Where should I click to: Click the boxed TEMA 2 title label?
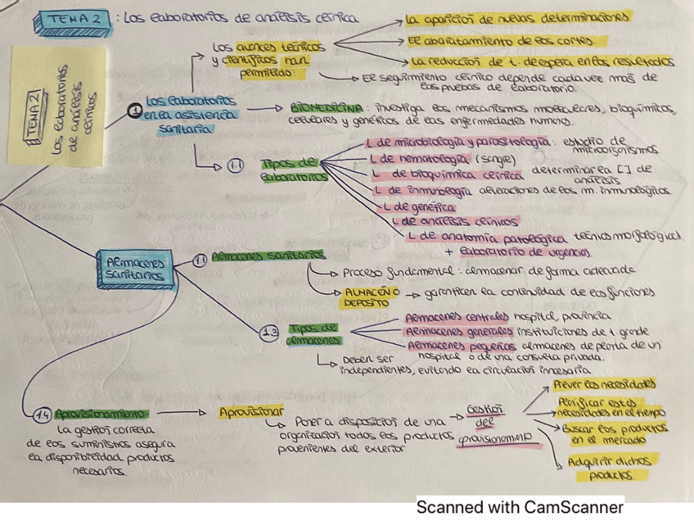(x=77, y=18)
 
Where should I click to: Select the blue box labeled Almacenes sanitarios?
(x=135, y=268)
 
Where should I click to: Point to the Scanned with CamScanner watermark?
(x=520, y=507)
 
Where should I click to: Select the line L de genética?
(x=418, y=208)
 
